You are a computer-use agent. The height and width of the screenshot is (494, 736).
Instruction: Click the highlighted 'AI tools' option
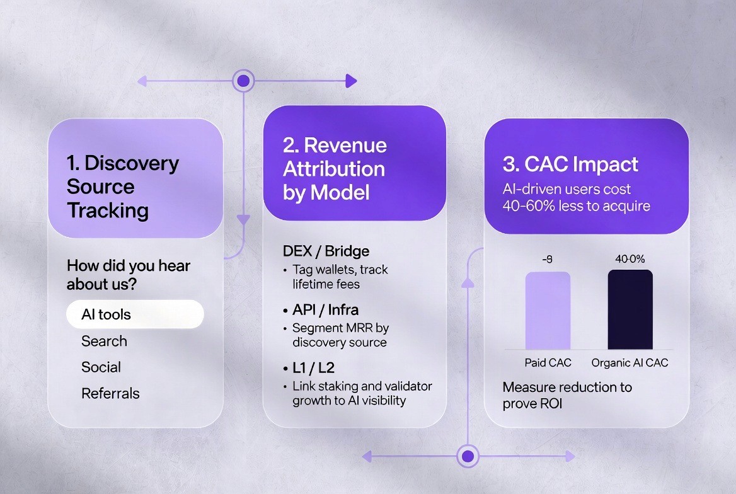135,314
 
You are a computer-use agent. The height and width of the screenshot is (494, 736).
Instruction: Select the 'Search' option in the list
104,341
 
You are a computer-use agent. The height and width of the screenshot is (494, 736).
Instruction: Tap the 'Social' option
101,367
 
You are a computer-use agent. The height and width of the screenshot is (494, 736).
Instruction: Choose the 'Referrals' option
110,393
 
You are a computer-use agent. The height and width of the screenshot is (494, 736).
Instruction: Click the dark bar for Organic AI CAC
630,309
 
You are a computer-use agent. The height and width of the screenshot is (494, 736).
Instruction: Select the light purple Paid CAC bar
548,311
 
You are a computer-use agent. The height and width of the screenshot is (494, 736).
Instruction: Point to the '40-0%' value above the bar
630,259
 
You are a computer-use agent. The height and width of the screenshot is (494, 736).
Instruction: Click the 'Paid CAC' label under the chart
548,362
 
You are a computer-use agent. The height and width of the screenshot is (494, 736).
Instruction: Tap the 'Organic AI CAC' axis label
630,362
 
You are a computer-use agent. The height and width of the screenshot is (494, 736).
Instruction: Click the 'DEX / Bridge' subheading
326,251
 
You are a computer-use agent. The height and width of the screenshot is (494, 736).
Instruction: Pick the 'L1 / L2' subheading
313,368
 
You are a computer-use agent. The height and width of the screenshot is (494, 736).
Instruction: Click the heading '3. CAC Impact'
570,164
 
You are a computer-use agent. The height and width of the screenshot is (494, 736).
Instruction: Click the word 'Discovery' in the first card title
132,163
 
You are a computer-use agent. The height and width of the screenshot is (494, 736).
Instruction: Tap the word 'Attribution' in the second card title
334,169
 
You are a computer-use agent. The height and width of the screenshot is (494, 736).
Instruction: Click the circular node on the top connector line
243,81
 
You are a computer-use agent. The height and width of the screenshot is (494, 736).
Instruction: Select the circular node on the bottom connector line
468,456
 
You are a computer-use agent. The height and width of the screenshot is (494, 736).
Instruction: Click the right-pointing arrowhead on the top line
351,81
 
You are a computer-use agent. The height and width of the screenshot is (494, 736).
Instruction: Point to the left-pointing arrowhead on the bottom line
367,456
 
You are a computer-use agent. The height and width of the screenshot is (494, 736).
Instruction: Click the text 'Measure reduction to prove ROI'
567,395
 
